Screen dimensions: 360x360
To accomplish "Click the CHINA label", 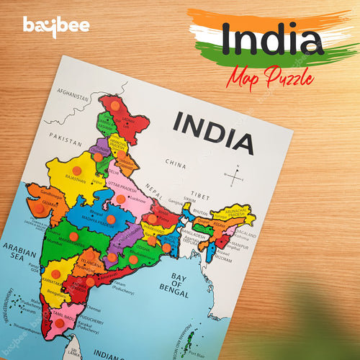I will tap(176, 164).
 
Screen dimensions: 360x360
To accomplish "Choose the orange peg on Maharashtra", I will tap(73, 236).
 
